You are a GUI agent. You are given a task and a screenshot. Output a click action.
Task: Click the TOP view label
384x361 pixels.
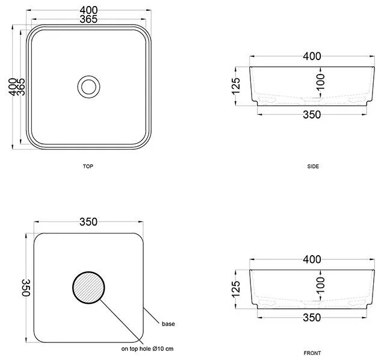[88, 167]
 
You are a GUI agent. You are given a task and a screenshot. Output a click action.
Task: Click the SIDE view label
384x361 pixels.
[313, 167]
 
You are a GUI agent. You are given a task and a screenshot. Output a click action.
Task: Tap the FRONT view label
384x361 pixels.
[312, 353]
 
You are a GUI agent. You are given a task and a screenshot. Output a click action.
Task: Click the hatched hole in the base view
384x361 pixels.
[88, 288]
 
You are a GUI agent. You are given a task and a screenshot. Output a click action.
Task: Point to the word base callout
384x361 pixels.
[169, 324]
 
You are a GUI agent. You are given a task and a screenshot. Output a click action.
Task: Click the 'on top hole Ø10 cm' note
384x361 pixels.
[147, 349]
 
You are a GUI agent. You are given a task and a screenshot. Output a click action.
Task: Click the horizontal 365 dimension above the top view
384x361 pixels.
[88, 19]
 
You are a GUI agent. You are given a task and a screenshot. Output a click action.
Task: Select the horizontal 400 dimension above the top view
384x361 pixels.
[88, 10]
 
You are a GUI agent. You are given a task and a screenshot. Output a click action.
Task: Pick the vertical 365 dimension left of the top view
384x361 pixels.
[21, 87]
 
